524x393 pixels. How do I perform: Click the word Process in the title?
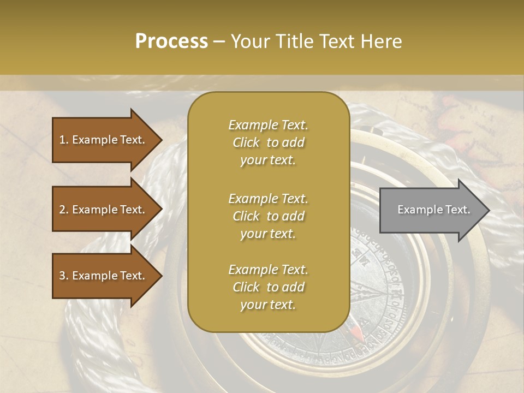(x=171, y=41)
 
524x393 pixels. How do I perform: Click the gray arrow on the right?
(x=431, y=210)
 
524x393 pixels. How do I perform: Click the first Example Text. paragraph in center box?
(x=268, y=142)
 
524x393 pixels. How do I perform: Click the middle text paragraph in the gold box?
(x=268, y=216)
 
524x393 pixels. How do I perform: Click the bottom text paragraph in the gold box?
(x=268, y=287)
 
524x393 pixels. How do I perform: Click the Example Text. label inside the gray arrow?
(x=433, y=210)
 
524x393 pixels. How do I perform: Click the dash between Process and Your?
(x=219, y=41)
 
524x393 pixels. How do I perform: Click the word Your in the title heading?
(x=251, y=41)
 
